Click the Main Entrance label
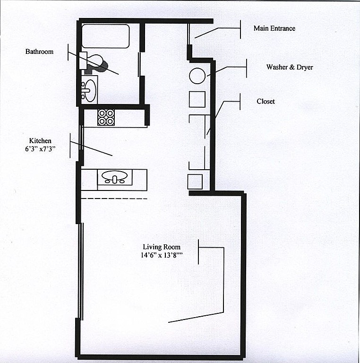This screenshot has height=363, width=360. [x=274, y=28]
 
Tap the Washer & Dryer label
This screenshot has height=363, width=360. [x=290, y=67]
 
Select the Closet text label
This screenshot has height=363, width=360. [x=266, y=102]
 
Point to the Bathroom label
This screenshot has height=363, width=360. [x=39, y=52]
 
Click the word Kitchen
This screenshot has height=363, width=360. [x=40, y=141]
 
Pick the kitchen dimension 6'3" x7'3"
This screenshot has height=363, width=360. [x=40, y=149]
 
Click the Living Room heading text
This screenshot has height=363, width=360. [x=162, y=247]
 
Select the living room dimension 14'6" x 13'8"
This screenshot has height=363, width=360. [x=162, y=255]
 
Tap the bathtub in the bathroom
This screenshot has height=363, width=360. [x=106, y=36]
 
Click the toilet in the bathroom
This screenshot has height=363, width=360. [x=94, y=63]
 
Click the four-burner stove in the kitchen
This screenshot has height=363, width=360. [x=106, y=117]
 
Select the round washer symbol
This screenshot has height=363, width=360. [x=197, y=76]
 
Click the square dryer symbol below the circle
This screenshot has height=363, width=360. [x=197, y=99]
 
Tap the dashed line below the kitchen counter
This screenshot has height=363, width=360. [x=114, y=199]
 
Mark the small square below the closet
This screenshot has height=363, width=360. [x=195, y=181]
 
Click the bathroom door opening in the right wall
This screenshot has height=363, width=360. [x=139, y=64]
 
